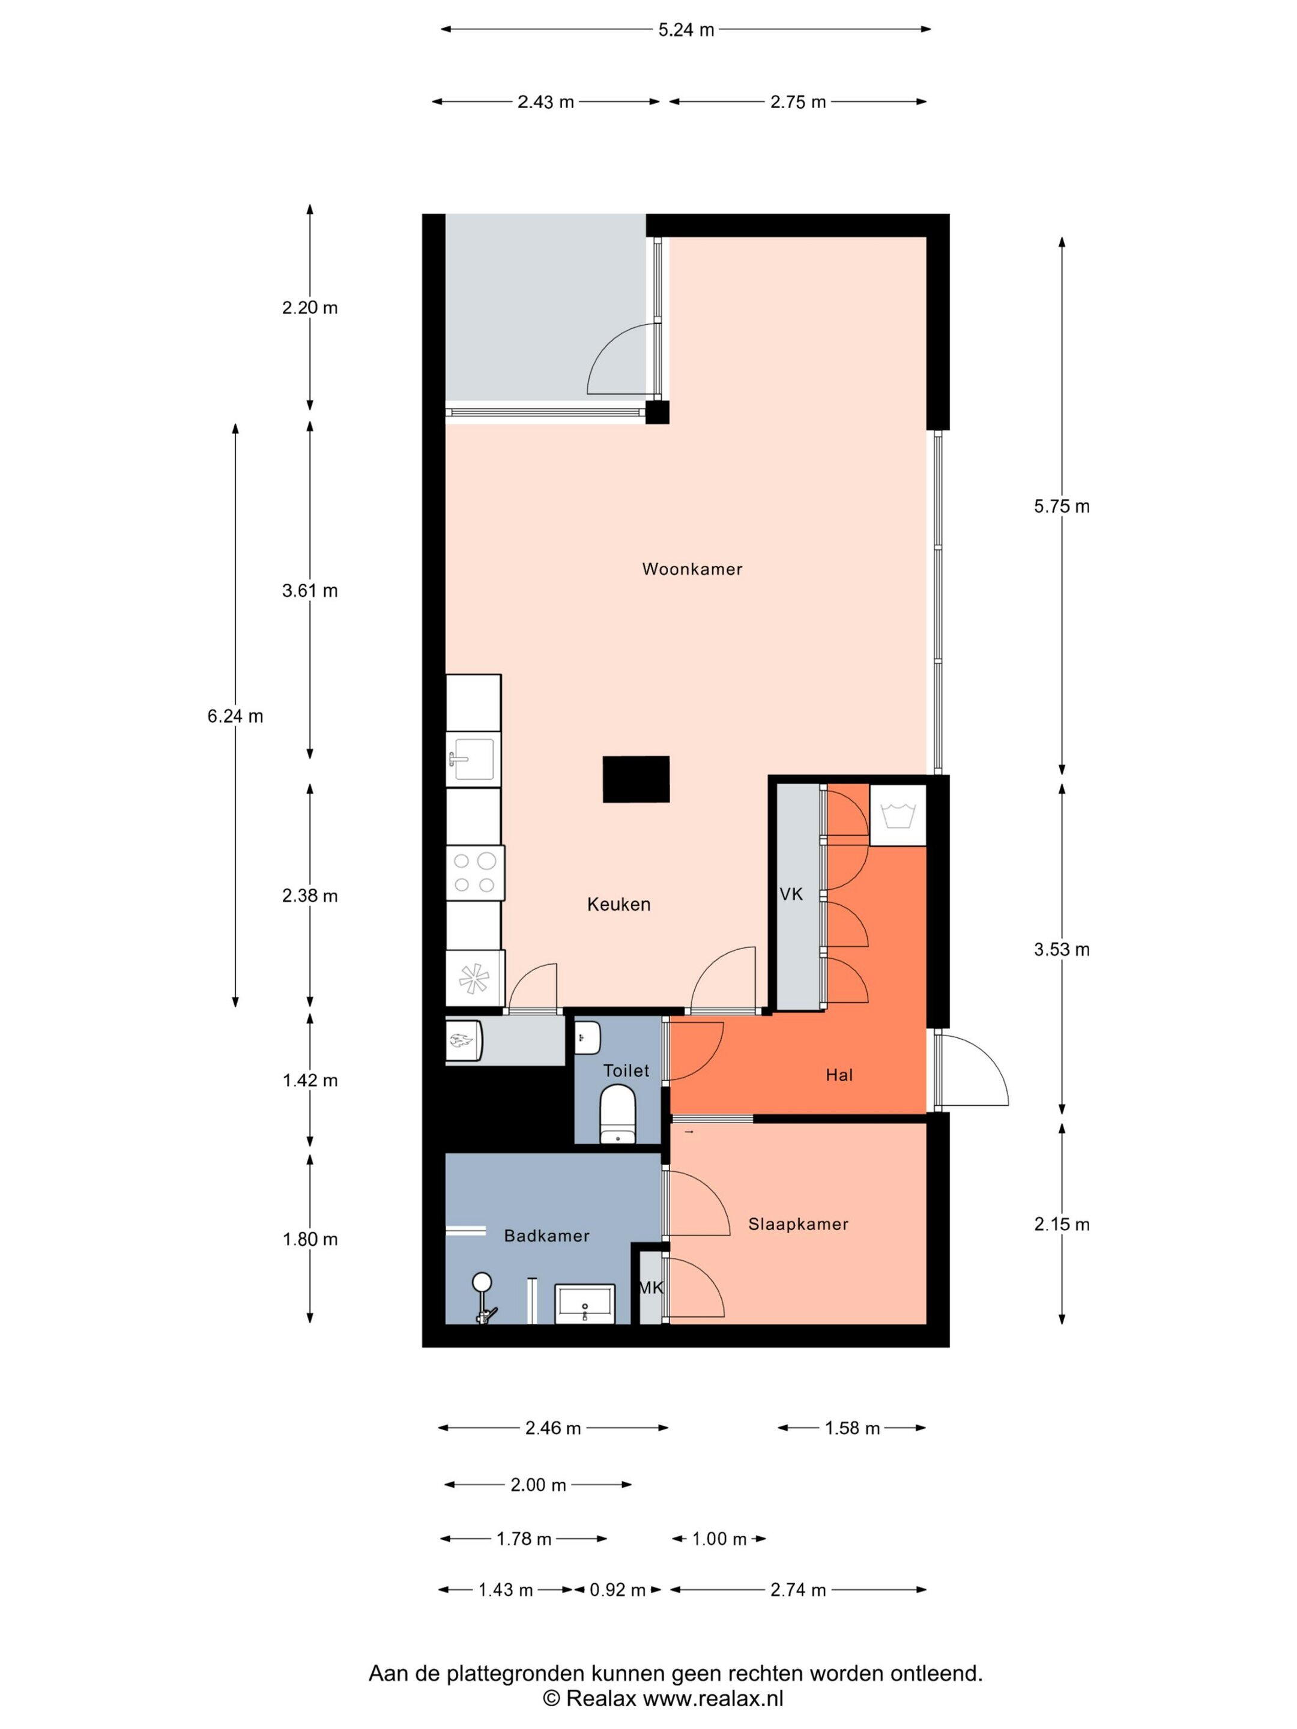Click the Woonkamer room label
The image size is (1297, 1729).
coord(692,569)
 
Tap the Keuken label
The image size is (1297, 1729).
coord(618,904)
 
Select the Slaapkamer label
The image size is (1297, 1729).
coord(798,1224)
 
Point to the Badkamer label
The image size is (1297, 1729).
coord(546,1236)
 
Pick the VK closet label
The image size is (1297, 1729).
coord(791,893)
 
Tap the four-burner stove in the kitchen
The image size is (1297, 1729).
coord(474,873)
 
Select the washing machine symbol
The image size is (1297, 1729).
coord(898,815)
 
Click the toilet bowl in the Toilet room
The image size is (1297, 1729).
coord(618,1113)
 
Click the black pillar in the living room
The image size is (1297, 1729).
coord(636,779)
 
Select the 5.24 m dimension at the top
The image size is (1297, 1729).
coord(686,29)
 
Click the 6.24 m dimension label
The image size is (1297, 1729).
coord(235,716)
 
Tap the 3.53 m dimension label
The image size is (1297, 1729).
coord(1062,950)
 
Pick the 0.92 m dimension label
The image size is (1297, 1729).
coord(618,1590)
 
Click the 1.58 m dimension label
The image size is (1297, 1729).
coord(852,1428)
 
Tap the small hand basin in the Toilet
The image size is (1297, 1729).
coord(587,1037)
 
